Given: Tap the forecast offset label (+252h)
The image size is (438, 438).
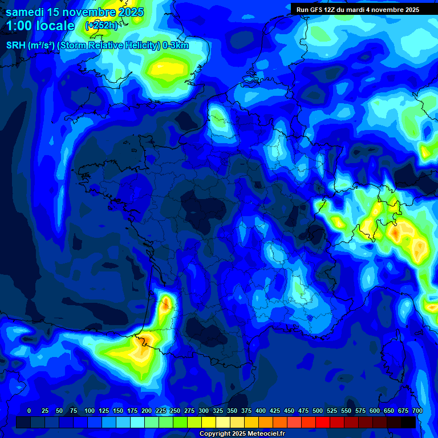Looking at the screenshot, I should (102, 26).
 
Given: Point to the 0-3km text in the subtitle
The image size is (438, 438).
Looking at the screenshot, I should (176, 46).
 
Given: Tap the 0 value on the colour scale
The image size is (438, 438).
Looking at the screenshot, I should (29, 411).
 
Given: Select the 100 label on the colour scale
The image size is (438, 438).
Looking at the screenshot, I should (90, 411).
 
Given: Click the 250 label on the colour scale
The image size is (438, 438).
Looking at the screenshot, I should (175, 411).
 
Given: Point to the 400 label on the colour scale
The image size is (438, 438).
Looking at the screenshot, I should (261, 411).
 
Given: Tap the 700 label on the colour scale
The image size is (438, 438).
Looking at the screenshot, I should (417, 411).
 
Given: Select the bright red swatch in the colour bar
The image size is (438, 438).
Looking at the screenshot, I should (323, 422).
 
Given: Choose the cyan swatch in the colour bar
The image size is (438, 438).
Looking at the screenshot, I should (137, 422).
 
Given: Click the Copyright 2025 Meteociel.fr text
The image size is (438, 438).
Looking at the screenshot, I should (242, 434).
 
